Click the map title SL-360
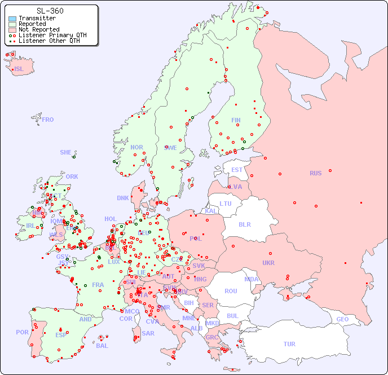coord(50,11)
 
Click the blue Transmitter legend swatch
coord(12,18)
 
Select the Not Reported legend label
coord(38,29)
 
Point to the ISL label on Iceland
coord(19,69)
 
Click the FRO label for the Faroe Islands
coord(48,120)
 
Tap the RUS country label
coord(315,173)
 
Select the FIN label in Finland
coord(236,120)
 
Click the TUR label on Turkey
coord(289,344)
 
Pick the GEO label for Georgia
coord(342,319)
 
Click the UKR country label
coord(268,263)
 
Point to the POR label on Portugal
coord(22,332)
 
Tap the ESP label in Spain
coord(61,334)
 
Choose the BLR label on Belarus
coord(244,224)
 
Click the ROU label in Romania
coord(231,291)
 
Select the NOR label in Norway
coord(136,147)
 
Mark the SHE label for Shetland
coord(65,152)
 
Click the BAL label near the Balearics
coord(102,346)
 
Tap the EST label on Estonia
coord(237,170)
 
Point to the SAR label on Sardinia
coord(148,333)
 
